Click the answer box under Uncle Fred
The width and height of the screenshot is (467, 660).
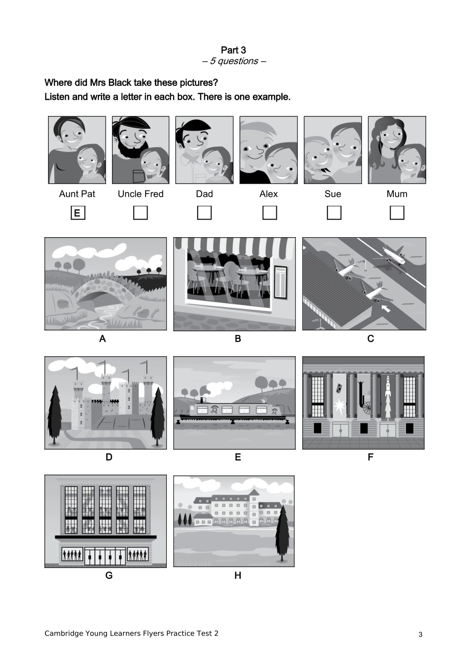click(x=141, y=213)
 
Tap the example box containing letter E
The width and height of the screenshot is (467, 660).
click(x=78, y=213)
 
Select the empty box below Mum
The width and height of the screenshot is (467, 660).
click(x=397, y=213)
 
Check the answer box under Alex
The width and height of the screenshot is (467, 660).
click(x=269, y=213)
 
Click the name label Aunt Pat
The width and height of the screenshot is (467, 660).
click(x=77, y=194)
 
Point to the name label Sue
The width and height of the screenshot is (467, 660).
click(x=333, y=194)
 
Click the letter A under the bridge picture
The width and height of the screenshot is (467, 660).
click(x=102, y=338)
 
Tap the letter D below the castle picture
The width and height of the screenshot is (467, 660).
click(x=109, y=457)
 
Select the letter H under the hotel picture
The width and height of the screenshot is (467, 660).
click(x=238, y=576)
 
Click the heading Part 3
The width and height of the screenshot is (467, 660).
click(x=233, y=50)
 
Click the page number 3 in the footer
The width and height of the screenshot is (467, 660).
click(x=420, y=634)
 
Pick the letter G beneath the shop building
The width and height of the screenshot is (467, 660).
click(x=109, y=576)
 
